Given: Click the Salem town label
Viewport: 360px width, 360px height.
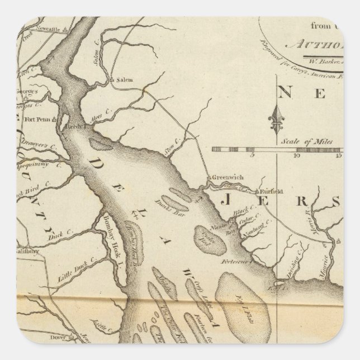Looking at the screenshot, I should (x=125, y=80).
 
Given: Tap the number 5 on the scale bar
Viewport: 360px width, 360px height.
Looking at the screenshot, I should (x=253, y=156).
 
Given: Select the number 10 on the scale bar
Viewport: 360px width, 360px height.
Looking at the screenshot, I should (x=296, y=156).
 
